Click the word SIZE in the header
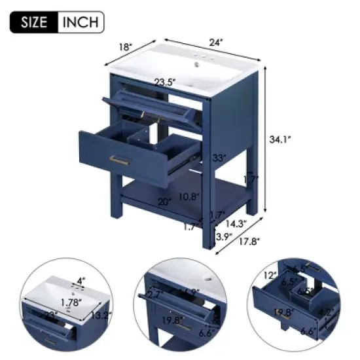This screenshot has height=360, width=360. coord(34,22)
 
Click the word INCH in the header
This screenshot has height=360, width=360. coord(81,22)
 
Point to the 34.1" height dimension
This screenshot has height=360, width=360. coord(279,139)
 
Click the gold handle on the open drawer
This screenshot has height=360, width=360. coord(118,159)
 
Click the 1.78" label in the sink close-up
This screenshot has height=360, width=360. coord(73,302)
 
